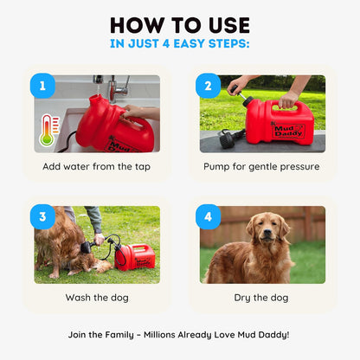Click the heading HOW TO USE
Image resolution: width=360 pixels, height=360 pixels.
180,24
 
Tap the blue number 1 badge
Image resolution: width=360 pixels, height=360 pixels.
43,87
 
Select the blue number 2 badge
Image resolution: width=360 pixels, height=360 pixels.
209,87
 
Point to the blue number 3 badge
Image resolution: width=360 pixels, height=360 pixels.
43,217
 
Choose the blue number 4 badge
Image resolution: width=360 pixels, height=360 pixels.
209,217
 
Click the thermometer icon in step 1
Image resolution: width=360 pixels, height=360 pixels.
48,129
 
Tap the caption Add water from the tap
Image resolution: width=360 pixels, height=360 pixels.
97,166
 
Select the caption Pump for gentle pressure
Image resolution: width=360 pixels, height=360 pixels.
261,166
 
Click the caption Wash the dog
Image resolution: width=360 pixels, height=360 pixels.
96,297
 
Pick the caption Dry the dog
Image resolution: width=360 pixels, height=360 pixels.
261,297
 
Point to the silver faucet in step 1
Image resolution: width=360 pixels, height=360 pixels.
118,87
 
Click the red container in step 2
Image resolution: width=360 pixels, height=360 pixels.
278,122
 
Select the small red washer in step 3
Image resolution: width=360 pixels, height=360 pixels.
135,257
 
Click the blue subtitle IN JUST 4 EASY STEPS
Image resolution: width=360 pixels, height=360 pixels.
180,42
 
